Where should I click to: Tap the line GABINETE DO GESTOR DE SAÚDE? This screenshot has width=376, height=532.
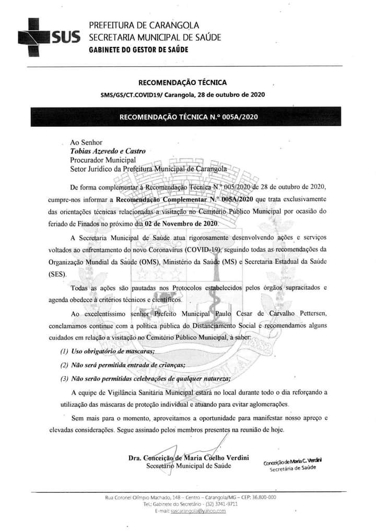138,49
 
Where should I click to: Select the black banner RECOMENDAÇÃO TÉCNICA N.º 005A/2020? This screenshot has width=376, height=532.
188,117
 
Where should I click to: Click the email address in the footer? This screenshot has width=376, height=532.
198,511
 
